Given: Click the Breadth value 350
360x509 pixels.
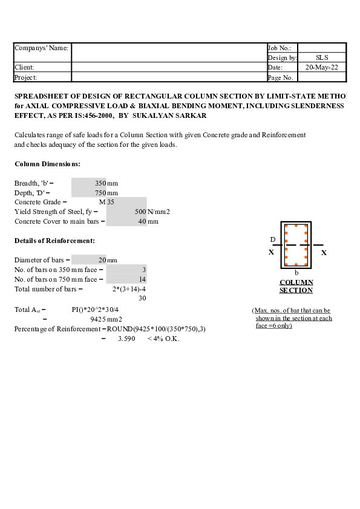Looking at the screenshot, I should pyautogui.click(x=100, y=183).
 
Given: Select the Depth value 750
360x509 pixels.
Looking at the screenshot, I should pyautogui.click(x=100, y=193).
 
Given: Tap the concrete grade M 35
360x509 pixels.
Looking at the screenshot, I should pyautogui.click(x=106, y=203).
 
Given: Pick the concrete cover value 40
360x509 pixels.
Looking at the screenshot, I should pyautogui.click(x=142, y=222).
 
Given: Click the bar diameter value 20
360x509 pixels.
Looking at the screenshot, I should pyautogui.click(x=102, y=260).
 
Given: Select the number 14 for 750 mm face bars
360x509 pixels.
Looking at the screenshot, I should pyautogui.click(x=142, y=279).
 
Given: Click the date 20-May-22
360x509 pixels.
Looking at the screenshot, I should pyautogui.click(x=322, y=67).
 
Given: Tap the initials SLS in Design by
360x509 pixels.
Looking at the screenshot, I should pyautogui.click(x=322, y=57).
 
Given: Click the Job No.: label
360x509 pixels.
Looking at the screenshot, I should pyautogui.click(x=280, y=48).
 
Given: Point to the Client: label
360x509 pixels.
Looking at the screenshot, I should pyautogui.click(x=24, y=67).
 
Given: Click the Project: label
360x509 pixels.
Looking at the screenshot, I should pyautogui.click(x=26, y=77).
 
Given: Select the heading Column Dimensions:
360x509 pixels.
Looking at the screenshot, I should pyautogui.click(x=47, y=164).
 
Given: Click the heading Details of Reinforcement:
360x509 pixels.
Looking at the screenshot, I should pyautogui.click(x=54, y=241).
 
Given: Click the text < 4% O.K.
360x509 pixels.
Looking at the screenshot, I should pyautogui.click(x=163, y=339).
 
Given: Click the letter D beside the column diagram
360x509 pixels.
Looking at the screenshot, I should pyautogui.click(x=272, y=240).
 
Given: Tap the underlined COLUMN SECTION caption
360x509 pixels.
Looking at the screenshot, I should pyautogui.click(x=296, y=286).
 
